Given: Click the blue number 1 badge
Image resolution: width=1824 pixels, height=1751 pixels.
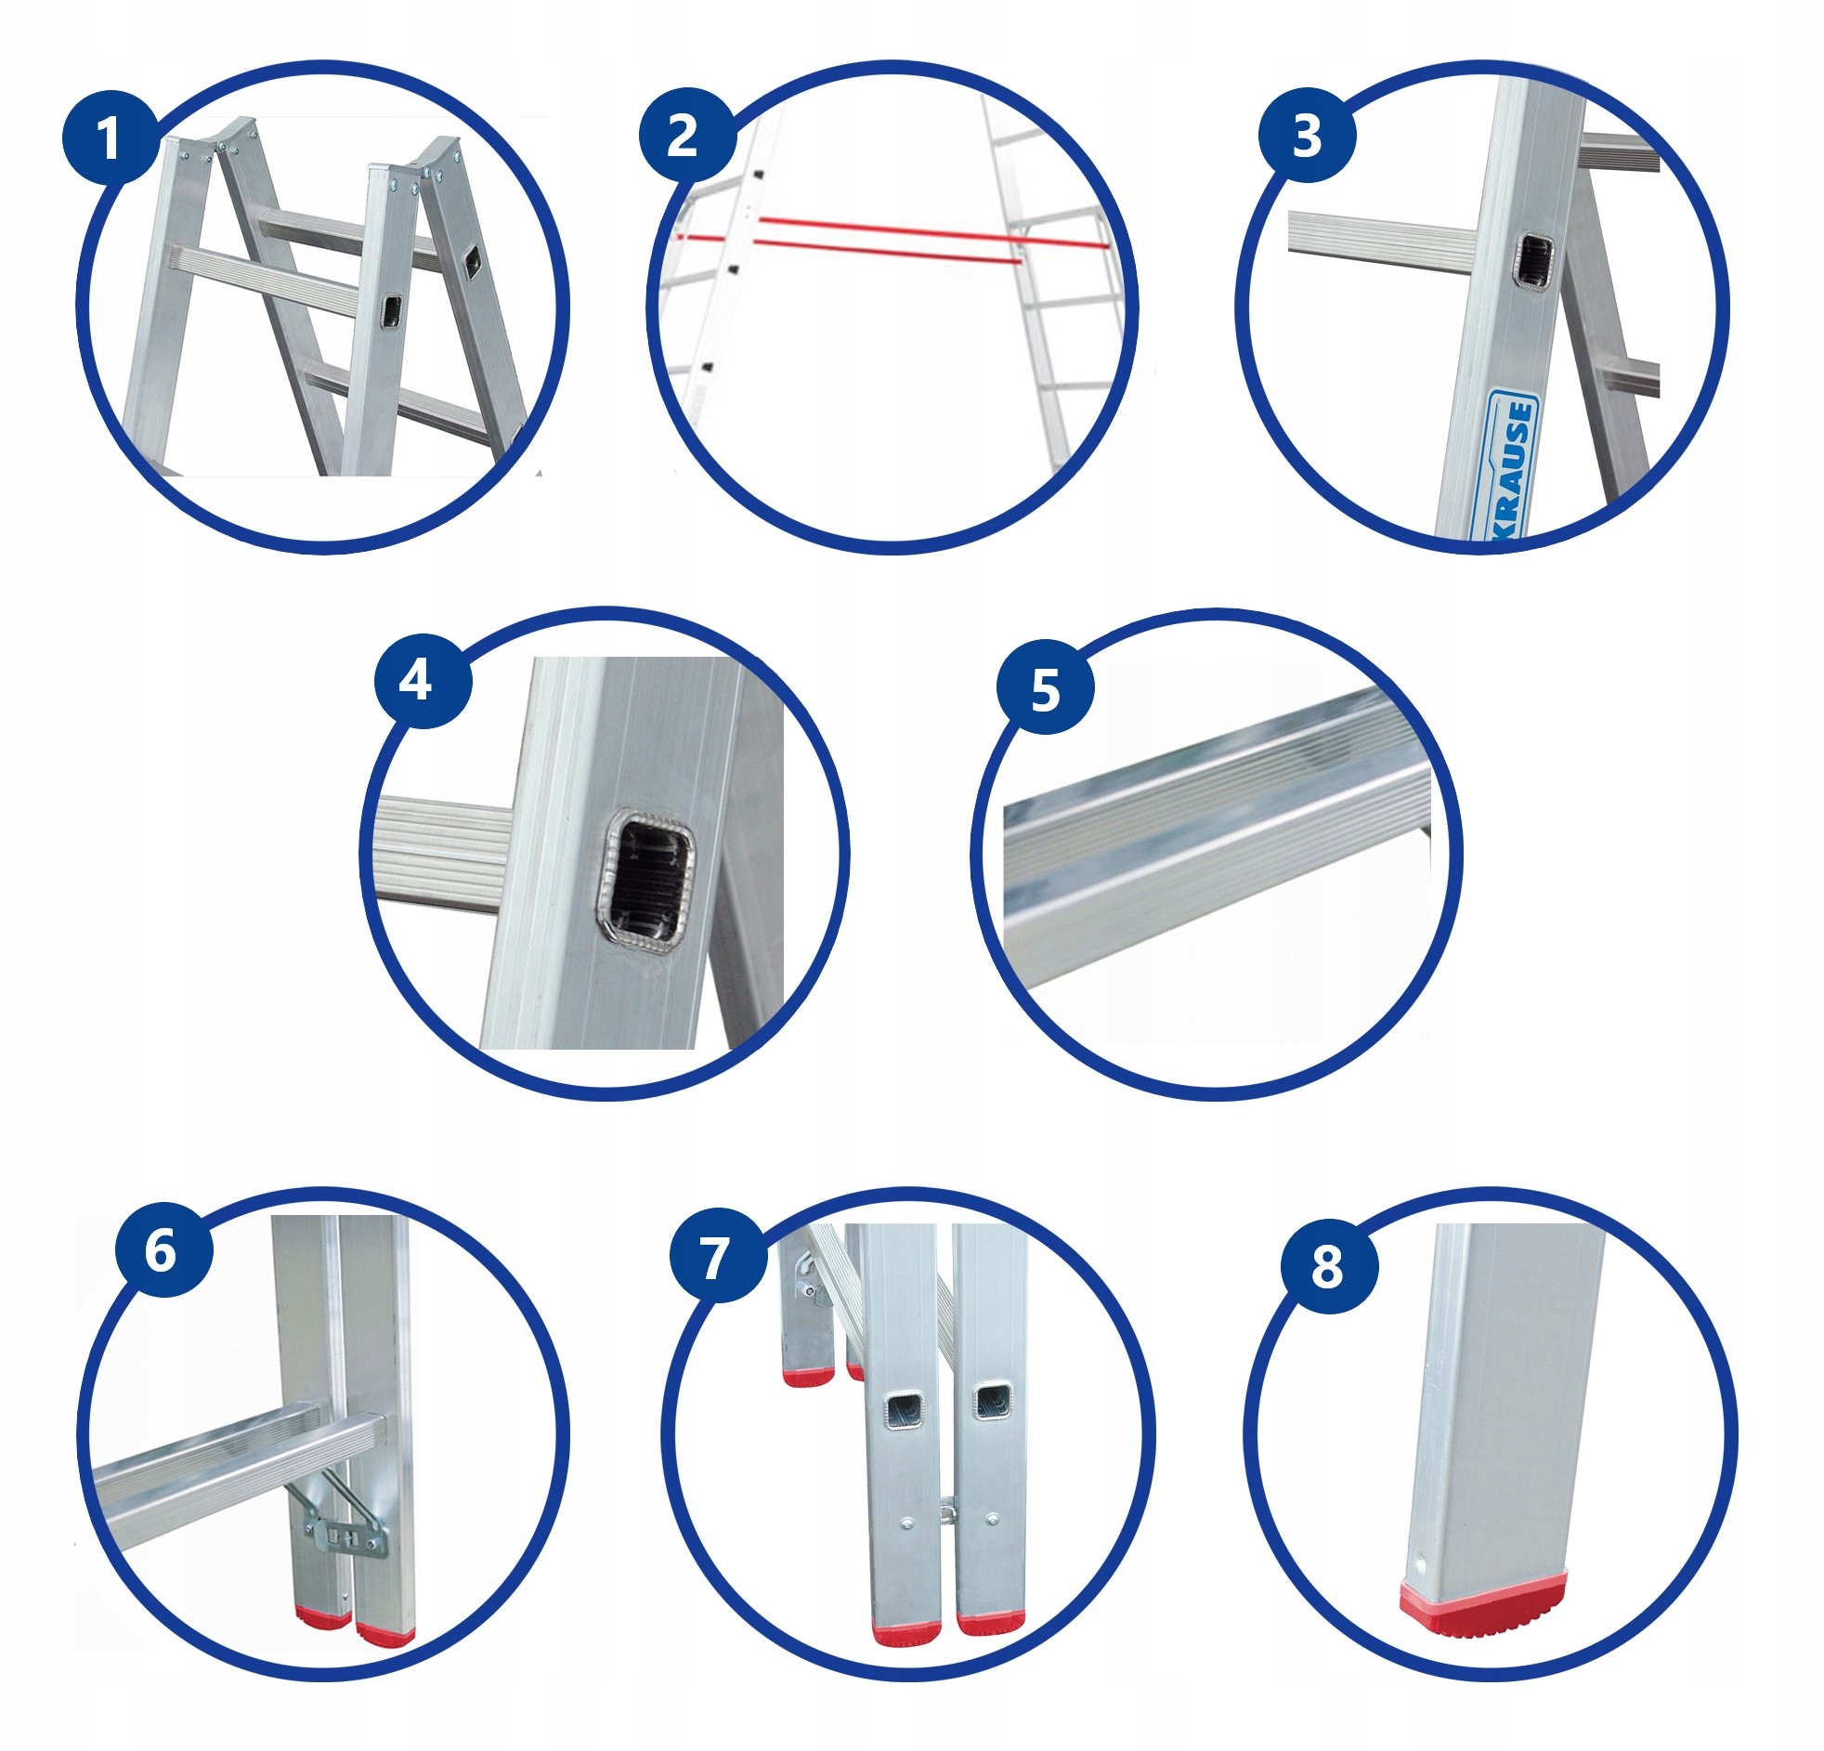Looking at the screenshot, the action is click(110, 137).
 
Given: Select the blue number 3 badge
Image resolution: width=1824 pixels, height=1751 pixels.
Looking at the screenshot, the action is click(1307, 135).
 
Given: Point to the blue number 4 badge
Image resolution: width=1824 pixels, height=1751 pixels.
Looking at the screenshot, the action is click(423, 682).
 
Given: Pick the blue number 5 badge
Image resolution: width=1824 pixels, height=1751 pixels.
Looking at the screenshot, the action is click(1045, 690).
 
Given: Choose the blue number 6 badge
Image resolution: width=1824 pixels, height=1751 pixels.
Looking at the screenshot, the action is click(163, 1249).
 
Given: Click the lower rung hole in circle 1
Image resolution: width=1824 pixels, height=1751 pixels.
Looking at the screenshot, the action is click(392, 311).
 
